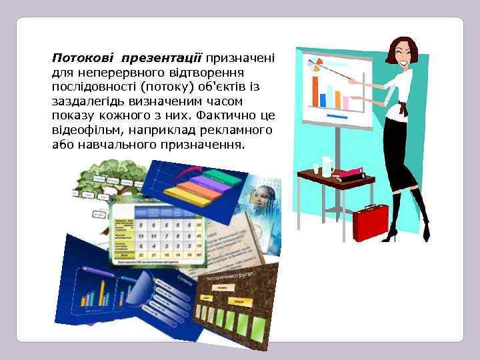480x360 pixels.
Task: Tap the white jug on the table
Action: click(x=327, y=165)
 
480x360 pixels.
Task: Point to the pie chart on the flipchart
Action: click(x=313, y=64)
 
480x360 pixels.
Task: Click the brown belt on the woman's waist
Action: click(x=403, y=106)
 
